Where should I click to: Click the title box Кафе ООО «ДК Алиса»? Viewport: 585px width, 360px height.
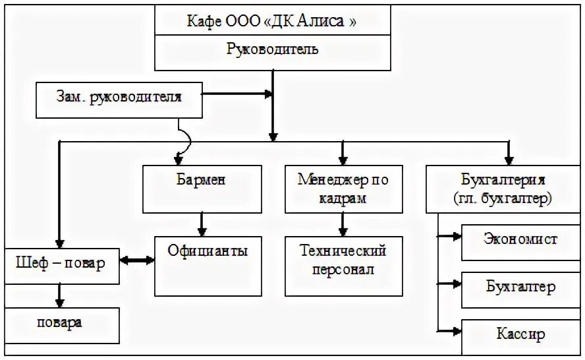point(272,20)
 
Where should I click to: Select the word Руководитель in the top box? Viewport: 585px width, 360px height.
point(272,49)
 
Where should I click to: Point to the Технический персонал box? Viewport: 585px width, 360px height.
point(343,260)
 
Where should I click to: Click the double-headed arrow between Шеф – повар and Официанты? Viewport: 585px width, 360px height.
point(137,260)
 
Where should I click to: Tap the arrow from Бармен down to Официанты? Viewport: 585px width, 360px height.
point(202,225)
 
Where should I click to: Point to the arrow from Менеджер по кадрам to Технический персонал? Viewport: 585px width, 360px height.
point(342,225)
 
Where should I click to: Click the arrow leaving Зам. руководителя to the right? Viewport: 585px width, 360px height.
point(237,94)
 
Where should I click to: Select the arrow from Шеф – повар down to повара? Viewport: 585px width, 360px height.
point(60,295)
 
